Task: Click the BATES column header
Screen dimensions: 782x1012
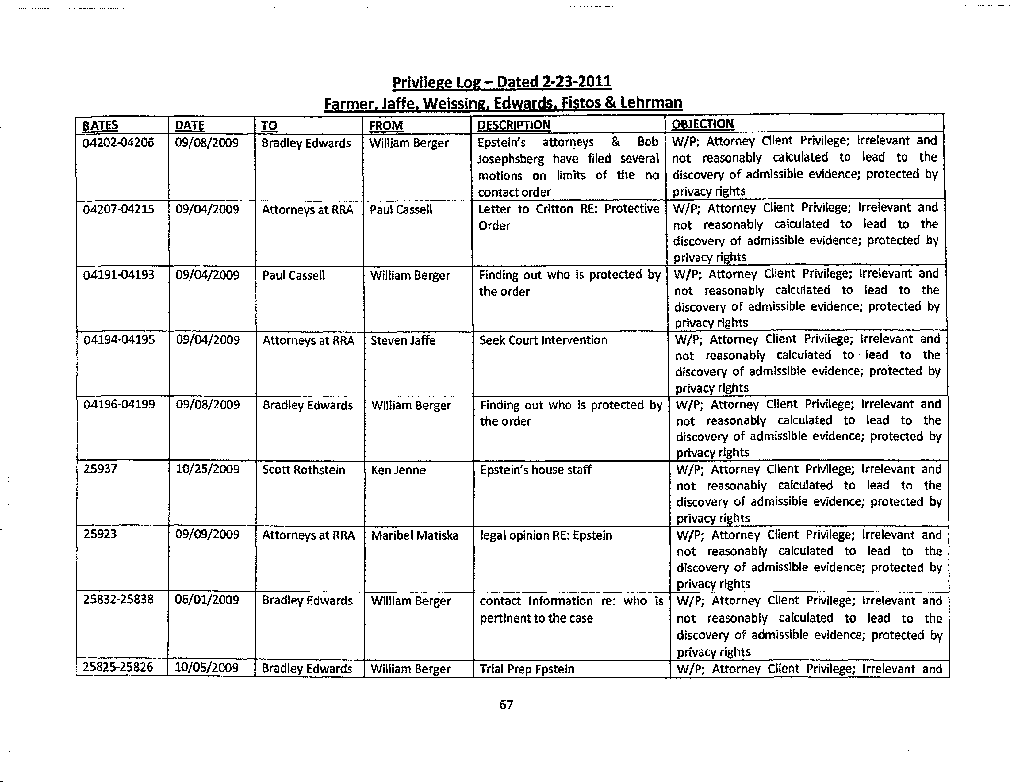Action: tap(100, 125)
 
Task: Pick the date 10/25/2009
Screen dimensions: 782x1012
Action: tap(208, 469)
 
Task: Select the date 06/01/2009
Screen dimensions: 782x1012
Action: tap(207, 600)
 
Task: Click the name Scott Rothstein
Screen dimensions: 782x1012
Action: tap(304, 470)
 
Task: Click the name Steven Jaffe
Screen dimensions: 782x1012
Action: tap(403, 340)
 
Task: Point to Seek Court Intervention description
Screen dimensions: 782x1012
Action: tap(543, 340)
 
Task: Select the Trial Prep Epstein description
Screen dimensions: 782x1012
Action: tap(527, 669)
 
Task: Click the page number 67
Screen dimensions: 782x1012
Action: tap(506, 705)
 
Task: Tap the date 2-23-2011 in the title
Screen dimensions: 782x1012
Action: tap(577, 82)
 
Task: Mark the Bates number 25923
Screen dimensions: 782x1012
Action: tap(100, 534)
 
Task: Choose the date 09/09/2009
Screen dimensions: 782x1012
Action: tap(208, 534)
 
